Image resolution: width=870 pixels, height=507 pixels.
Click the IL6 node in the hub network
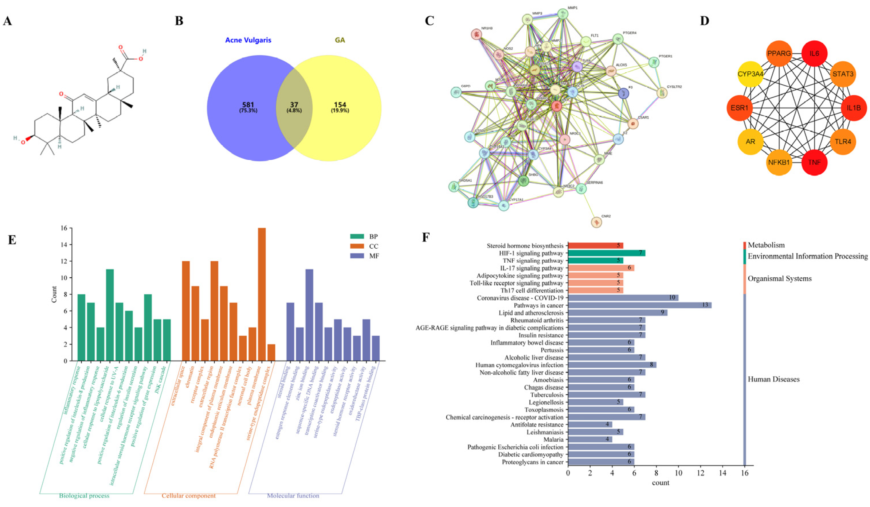(x=814, y=54)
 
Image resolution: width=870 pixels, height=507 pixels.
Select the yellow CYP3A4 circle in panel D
(x=750, y=74)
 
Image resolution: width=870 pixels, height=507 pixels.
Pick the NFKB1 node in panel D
(x=779, y=162)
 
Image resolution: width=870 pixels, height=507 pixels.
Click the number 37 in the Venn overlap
(x=294, y=105)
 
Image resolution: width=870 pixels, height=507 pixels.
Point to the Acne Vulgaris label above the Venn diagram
(x=248, y=40)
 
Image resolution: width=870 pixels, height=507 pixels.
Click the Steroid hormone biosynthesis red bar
(x=595, y=245)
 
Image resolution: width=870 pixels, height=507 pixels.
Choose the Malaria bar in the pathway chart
(x=590, y=440)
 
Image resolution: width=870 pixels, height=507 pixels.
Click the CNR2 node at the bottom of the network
(x=596, y=222)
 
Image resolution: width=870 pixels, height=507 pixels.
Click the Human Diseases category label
(x=773, y=379)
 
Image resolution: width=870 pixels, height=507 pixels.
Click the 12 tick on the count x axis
(x=700, y=473)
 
